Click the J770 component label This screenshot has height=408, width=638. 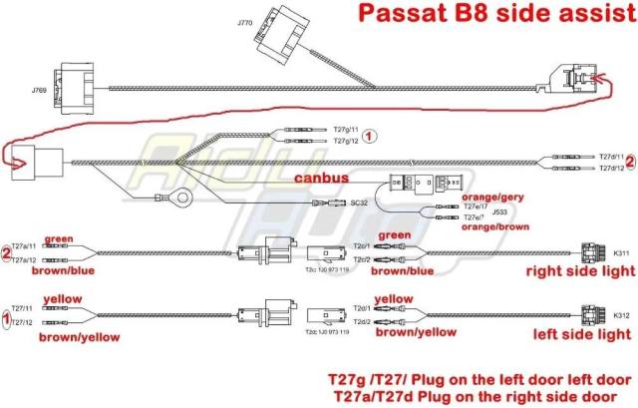(245, 21)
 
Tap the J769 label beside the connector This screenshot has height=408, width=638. (39, 90)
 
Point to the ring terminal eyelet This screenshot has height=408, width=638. (181, 200)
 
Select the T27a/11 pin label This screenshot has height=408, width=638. (24, 245)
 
